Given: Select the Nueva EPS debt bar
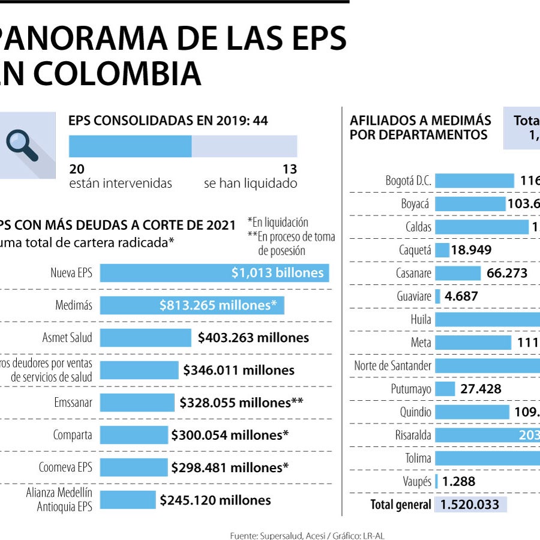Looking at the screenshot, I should pyautogui.click(x=214, y=273).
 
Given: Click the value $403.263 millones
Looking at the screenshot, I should pyautogui.click(x=253, y=338).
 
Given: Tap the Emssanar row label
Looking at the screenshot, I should pyautogui.click(x=73, y=403).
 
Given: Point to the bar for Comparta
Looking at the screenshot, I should pyautogui.click(x=134, y=435).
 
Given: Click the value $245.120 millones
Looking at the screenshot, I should pyautogui.click(x=215, y=500).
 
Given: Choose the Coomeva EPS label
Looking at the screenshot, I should pyautogui.click(x=66, y=467).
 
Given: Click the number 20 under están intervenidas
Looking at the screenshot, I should pyautogui.click(x=76, y=170).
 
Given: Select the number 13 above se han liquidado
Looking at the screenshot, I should pyautogui.click(x=290, y=170).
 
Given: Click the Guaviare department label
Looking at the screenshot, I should pyautogui.click(x=414, y=296).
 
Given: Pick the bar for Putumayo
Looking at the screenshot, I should pyautogui.click(x=445, y=389).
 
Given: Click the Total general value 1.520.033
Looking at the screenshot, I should pyautogui.click(x=470, y=505).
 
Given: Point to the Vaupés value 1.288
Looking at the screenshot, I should pyautogui.click(x=459, y=481).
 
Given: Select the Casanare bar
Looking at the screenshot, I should pyautogui.click(x=458, y=274).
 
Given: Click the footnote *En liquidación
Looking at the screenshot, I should pyautogui.click(x=278, y=223).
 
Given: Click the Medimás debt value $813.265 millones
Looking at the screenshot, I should pyautogui.click(x=218, y=305).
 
